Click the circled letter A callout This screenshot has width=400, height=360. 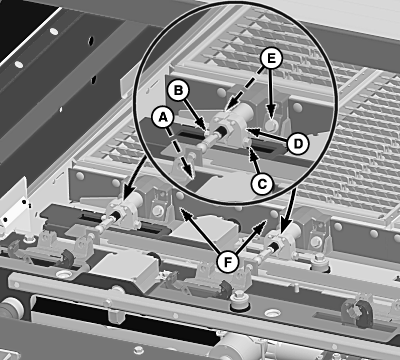coord(163,117)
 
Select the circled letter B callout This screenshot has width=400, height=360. coord(178,90)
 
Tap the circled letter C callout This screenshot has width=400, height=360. coord(262,184)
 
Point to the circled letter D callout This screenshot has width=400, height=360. coord(298,144)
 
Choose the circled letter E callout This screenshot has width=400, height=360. coord(271,59)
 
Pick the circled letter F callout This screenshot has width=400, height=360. coord(227,262)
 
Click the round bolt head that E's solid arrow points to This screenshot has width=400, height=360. coord(272,125)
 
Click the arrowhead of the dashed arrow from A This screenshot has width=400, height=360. coord(189,172)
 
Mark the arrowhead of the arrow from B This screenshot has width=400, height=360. coord(203,127)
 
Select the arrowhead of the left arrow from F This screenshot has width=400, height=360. coord(184,213)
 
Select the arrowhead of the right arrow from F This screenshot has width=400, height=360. coord(264,224)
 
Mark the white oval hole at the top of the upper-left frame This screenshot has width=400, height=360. coord(54,32)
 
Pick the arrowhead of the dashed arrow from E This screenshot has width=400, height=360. coord(228,107)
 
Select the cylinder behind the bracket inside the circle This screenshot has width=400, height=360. coord(246,111)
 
